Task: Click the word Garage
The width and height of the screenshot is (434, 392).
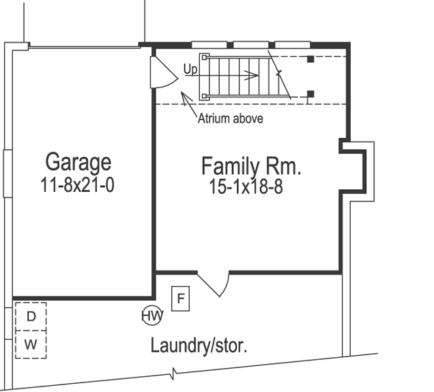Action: [x=78, y=163]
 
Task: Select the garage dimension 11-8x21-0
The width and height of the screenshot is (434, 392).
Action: [x=77, y=184]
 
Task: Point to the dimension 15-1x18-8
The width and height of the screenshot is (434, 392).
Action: [x=246, y=187]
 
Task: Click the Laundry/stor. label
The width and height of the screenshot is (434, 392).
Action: [x=199, y=346]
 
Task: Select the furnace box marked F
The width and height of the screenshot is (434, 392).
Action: [x=180, y=298]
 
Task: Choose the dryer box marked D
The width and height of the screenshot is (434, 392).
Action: [x=31, y=316]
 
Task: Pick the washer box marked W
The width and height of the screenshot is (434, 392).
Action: [x=31, y=344]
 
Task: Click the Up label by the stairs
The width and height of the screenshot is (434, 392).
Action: [x=190, y=69]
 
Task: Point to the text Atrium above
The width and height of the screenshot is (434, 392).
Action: [x=230, y=118]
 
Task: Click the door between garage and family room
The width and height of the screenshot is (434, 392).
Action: [x=162, y=71]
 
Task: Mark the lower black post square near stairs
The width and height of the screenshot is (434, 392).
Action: [x=310, y=93]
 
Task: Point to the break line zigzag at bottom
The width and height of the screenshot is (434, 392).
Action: [x=174, y=374]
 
